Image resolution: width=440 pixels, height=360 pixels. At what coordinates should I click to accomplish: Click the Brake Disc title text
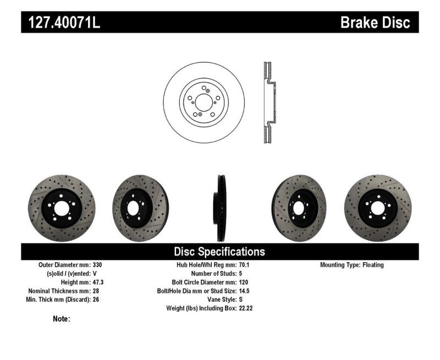[375, 23]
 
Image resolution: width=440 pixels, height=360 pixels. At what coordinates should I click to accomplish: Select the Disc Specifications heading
[219, 252]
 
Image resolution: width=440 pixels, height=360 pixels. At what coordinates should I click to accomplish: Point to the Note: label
[61, 319]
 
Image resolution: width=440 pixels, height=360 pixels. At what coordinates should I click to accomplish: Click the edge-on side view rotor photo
[219, 208]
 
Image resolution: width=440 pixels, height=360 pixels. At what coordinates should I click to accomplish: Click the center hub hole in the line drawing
[202, 104]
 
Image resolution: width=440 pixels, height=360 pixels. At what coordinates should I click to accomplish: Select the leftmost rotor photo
[61, 208]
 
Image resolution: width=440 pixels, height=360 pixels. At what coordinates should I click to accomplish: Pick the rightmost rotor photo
[377, 208]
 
